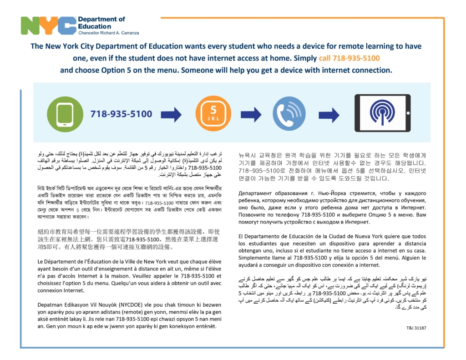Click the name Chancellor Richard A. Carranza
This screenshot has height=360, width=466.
[x=108, y=33]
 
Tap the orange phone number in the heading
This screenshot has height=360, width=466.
[x=349, y=58]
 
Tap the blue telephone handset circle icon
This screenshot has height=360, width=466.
[x=289, y=114]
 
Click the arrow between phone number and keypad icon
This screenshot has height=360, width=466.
[x=171, y=114]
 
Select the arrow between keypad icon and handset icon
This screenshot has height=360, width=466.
[x=251, y=114]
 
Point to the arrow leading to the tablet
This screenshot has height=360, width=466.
[x=329, y=114]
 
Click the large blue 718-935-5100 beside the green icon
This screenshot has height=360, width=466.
[x=121, y=114]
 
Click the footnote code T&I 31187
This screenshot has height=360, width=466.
[x=416, y=328]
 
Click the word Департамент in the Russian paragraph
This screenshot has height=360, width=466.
[x=255, y=193]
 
